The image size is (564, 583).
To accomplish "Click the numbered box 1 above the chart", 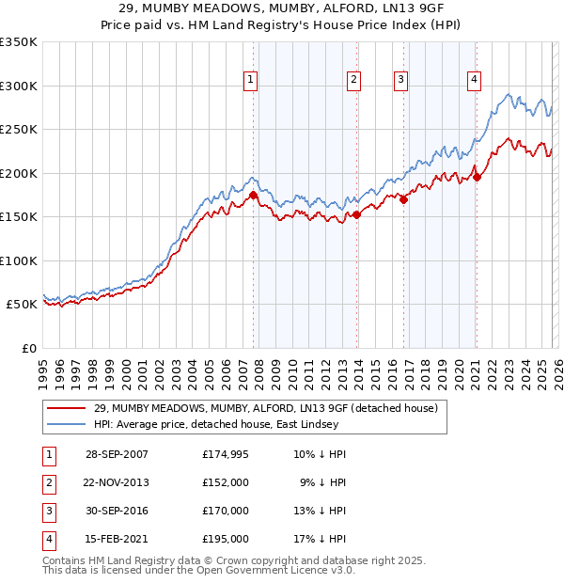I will (251, 81).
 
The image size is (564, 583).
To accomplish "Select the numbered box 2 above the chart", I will (353, 81).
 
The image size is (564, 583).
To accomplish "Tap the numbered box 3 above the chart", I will (400, 81).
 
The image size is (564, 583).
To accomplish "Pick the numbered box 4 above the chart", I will (474, 81).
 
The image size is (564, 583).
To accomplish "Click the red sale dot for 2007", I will (254, 196).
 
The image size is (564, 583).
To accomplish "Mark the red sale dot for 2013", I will (357, 214).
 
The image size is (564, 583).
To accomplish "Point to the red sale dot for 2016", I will (404, 199).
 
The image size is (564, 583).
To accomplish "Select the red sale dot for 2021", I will (477, 177).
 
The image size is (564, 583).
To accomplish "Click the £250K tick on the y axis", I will (19, 129).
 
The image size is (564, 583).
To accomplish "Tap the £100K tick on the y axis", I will (19, 260).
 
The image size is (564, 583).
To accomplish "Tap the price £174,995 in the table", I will (226, 454).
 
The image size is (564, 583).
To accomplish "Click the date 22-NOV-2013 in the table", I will (117, 481).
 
